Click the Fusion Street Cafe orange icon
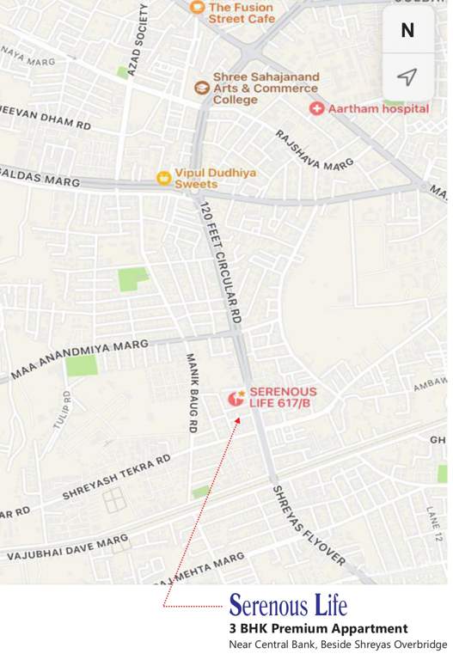pos(197,9)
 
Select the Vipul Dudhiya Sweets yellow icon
pos(163,178)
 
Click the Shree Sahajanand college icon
pos(201,88)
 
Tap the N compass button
pos(407,30)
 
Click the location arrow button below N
pos(407,77)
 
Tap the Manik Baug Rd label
pos(193,391)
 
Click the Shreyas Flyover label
pos(308,524)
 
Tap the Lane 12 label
pos(432,523)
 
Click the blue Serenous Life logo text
pos(288,605)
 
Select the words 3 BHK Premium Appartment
pos(317,629)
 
